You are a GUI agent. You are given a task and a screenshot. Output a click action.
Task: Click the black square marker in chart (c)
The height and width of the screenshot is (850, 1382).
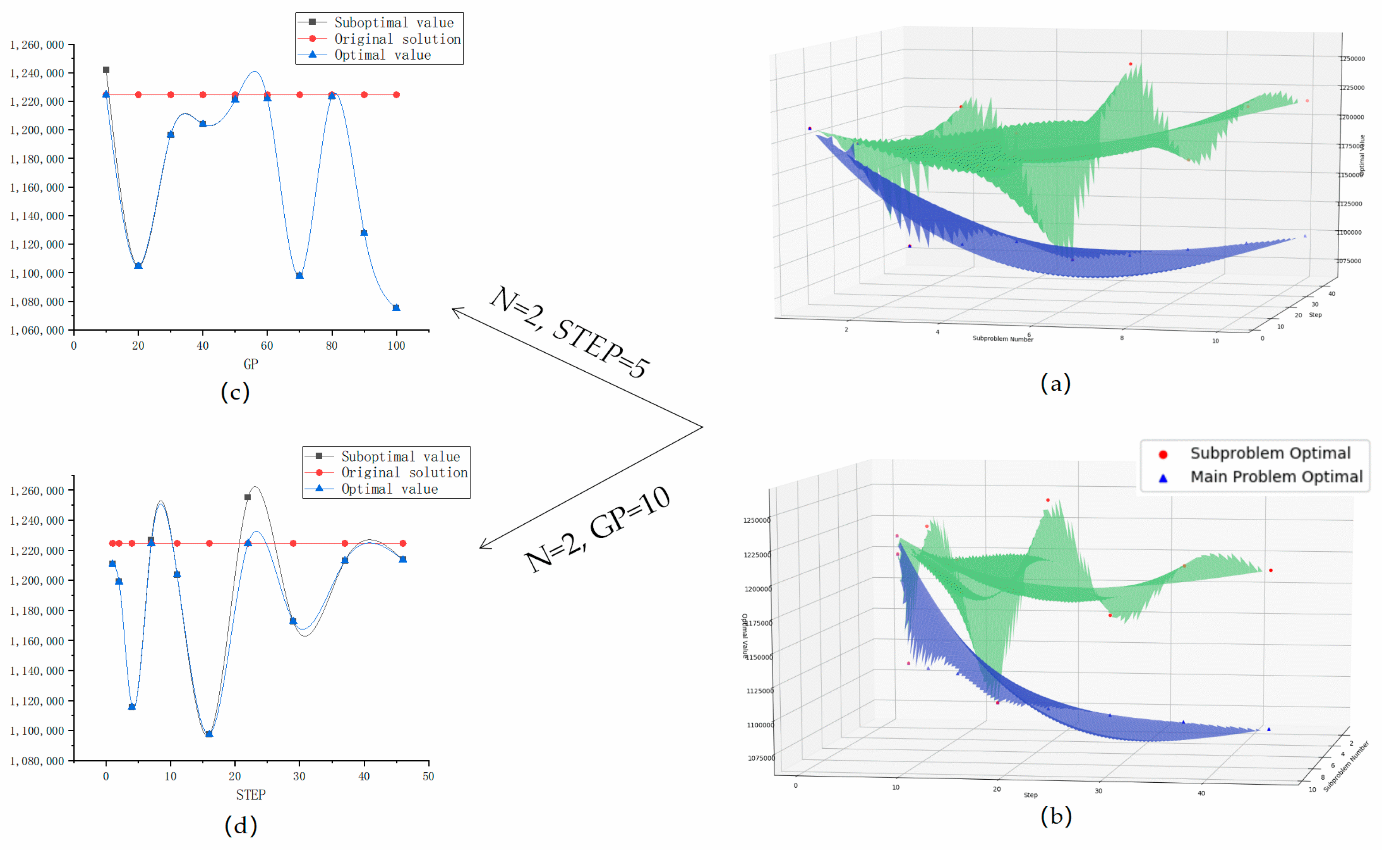click(x=106, y=70)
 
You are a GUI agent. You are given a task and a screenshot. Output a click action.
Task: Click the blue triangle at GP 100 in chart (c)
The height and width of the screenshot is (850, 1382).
click(x=397, y=308)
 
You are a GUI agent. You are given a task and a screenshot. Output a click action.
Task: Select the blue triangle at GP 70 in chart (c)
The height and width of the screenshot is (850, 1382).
click(x=300, y=275)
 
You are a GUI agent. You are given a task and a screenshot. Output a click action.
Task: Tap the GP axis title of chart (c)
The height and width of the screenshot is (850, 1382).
click(x=251, y=364)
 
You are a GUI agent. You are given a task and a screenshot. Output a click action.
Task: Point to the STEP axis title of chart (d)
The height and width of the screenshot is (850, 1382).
click(x=251, y=795)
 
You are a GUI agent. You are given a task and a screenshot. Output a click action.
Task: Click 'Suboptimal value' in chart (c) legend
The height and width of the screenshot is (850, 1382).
click(x=393, y=23)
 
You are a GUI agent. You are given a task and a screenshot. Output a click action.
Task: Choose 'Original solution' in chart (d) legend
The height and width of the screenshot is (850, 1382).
click(x=404, y=473)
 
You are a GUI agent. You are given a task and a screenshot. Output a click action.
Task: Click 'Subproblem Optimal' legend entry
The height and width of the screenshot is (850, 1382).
click(x=1270, y=453)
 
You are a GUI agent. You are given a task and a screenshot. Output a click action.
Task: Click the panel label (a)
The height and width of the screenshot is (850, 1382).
click(x=1055, y=383)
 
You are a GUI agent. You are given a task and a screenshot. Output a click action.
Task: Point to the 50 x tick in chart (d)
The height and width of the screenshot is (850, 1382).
click(x=428, y=776)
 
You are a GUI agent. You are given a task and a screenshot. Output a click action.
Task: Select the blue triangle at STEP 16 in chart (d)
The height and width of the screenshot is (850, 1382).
click(x=209, y=734)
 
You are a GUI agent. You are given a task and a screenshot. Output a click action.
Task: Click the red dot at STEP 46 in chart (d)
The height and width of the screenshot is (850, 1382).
click(x=403, y=544)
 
